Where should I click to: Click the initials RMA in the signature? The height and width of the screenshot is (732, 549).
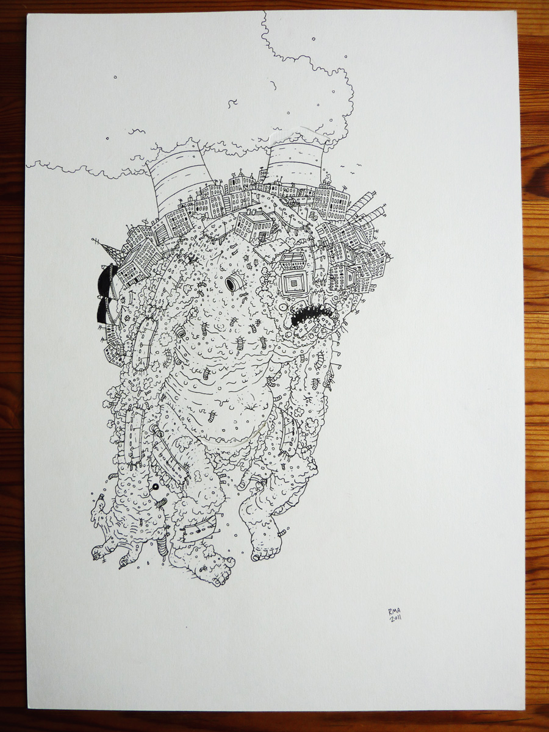pos(393,611)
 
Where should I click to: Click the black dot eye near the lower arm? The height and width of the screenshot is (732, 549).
pos(155,487)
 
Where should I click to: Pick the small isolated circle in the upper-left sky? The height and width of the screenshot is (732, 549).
pos(115,77)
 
